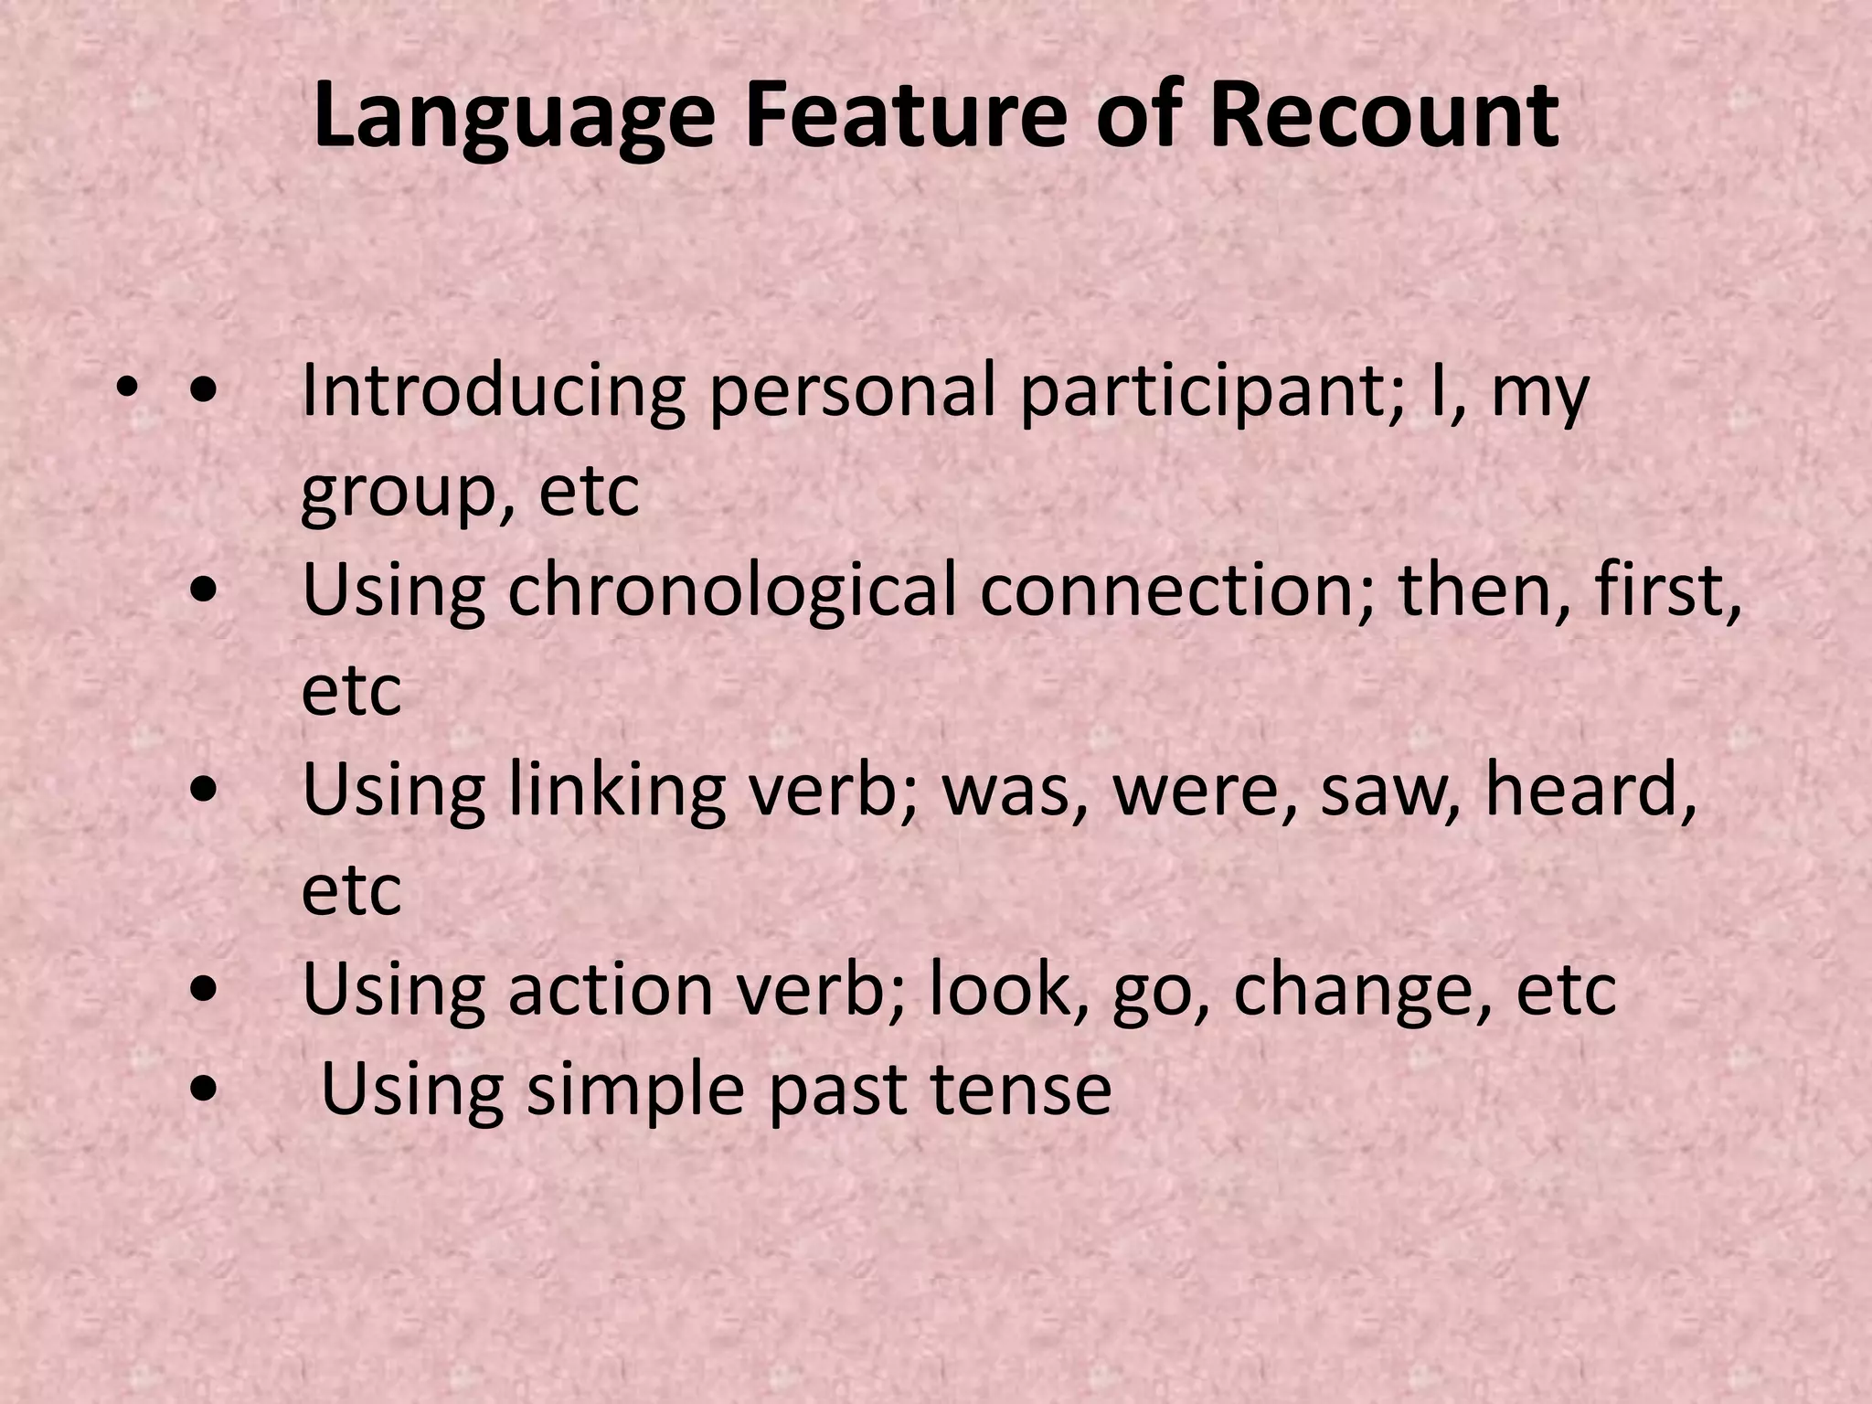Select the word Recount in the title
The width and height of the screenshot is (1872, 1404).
click(x=1384, y=117)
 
